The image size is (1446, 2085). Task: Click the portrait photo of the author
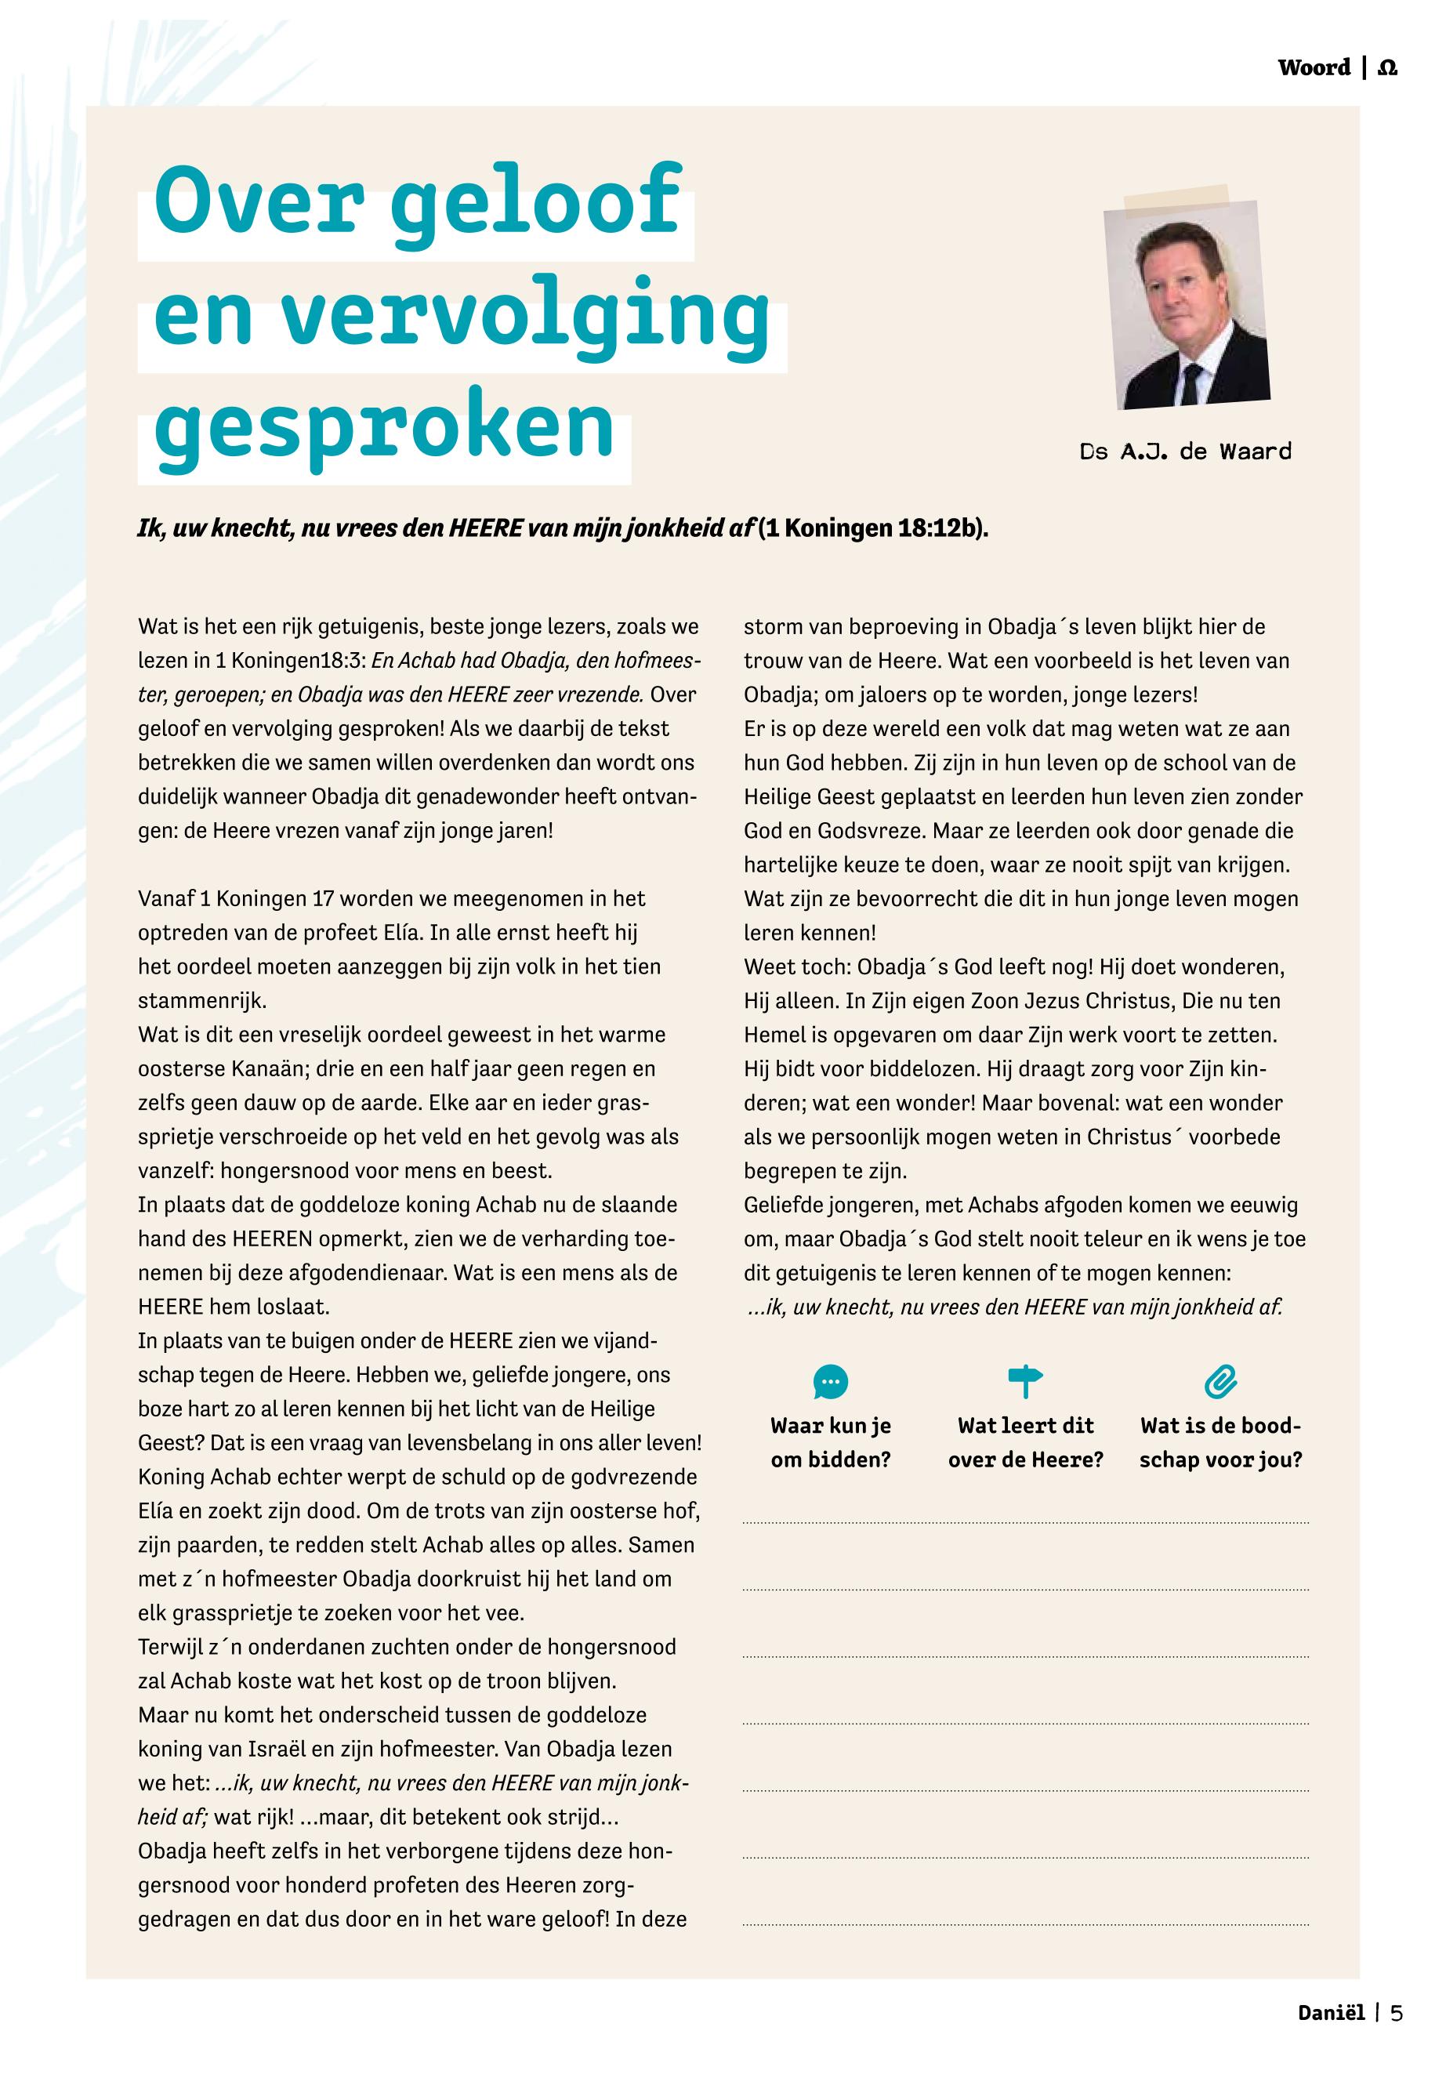click(1186, 304)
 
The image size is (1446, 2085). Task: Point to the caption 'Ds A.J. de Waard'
click(1185, 451)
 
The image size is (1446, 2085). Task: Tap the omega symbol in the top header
click(1387, 68)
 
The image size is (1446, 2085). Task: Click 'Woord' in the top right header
click(1314, 68)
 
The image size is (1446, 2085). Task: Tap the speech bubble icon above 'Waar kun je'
click(831, 1382)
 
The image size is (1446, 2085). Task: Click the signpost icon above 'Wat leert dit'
click(1026, 1382)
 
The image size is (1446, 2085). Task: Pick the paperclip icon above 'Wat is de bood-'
click(1220, 1382)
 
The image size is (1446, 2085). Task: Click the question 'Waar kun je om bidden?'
click(831, 1442)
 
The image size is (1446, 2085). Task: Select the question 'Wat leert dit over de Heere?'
click(1026, 1442)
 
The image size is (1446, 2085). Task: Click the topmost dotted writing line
click(1026, 1523)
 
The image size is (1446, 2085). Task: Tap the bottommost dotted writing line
click(1026, 1924)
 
